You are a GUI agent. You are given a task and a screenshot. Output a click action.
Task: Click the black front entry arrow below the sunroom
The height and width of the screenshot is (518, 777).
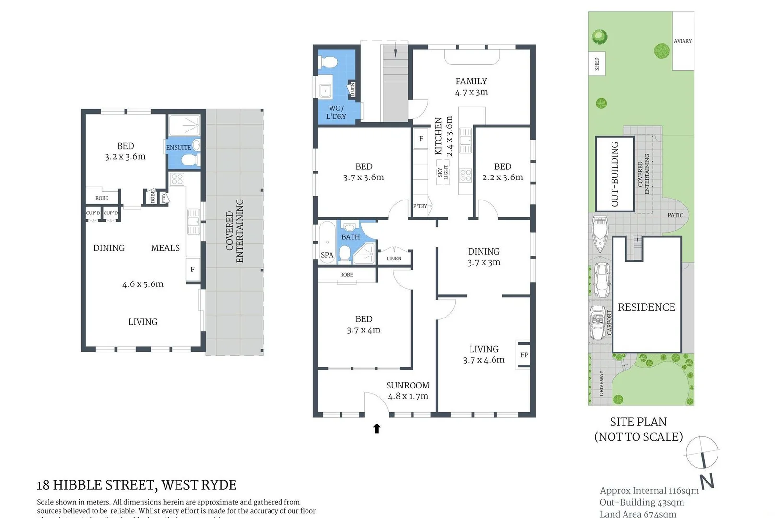click(377, 428)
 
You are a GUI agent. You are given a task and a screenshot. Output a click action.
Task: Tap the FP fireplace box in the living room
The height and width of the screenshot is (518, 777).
click(524, 355)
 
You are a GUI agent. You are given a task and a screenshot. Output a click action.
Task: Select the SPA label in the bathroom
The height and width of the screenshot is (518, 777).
click(327, 255)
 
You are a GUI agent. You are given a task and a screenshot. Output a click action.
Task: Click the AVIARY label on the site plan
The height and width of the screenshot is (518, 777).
click(683, 41)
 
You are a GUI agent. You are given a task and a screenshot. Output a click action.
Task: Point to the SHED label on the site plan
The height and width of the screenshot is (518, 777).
click(597, 64)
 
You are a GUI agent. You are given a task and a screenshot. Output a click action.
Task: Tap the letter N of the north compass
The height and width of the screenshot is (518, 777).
click(707, 481)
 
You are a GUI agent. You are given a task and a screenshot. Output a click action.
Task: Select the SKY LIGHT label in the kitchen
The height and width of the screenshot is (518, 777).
click(443, 173)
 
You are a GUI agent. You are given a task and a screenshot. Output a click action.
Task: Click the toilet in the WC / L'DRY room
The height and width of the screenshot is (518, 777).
click(329, 63)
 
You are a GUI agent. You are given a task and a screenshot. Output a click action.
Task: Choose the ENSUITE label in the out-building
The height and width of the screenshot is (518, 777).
click(178, 148)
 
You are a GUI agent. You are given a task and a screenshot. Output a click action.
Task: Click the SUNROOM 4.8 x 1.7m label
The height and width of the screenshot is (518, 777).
click(408, 390)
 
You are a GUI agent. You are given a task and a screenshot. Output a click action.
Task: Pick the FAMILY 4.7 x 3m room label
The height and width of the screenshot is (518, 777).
click(471, 87)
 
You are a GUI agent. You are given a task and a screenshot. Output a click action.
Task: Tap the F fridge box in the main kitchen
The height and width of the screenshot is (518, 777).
click(421, 139)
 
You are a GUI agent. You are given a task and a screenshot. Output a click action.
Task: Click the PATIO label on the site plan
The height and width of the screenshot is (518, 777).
click(675, 215)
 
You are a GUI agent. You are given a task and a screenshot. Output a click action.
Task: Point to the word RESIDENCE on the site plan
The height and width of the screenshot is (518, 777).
click(646, 307)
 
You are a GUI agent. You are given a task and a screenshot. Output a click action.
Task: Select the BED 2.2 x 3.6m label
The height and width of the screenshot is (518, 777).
click(503, 172)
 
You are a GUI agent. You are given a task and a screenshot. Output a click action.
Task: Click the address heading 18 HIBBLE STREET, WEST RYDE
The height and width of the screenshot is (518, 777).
click(137, 485)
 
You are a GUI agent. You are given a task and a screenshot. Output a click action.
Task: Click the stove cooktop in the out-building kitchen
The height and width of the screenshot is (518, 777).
click(177, 179)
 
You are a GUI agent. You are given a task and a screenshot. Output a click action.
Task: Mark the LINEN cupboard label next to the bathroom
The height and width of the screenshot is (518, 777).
click(394, 259)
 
